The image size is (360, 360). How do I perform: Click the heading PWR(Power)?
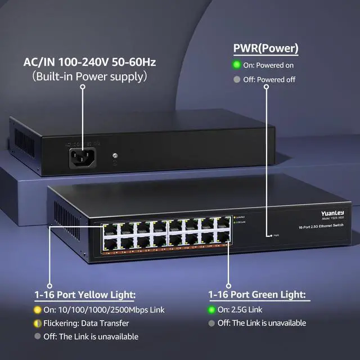[265, 49]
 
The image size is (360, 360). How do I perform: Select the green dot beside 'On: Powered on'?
[237, 65]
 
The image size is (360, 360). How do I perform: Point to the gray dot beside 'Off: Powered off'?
[237, 79]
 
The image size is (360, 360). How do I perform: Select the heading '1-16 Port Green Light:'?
[256, 294]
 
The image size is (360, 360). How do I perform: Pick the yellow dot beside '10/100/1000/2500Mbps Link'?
[38, 309]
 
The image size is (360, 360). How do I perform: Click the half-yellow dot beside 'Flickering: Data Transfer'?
[38, 323]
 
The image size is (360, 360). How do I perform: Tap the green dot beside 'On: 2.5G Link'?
[211, 309]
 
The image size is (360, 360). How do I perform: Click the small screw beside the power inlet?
[115, 155]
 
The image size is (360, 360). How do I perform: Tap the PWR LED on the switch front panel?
[271, 236]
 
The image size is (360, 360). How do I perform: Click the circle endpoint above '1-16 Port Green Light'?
[228, 285]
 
